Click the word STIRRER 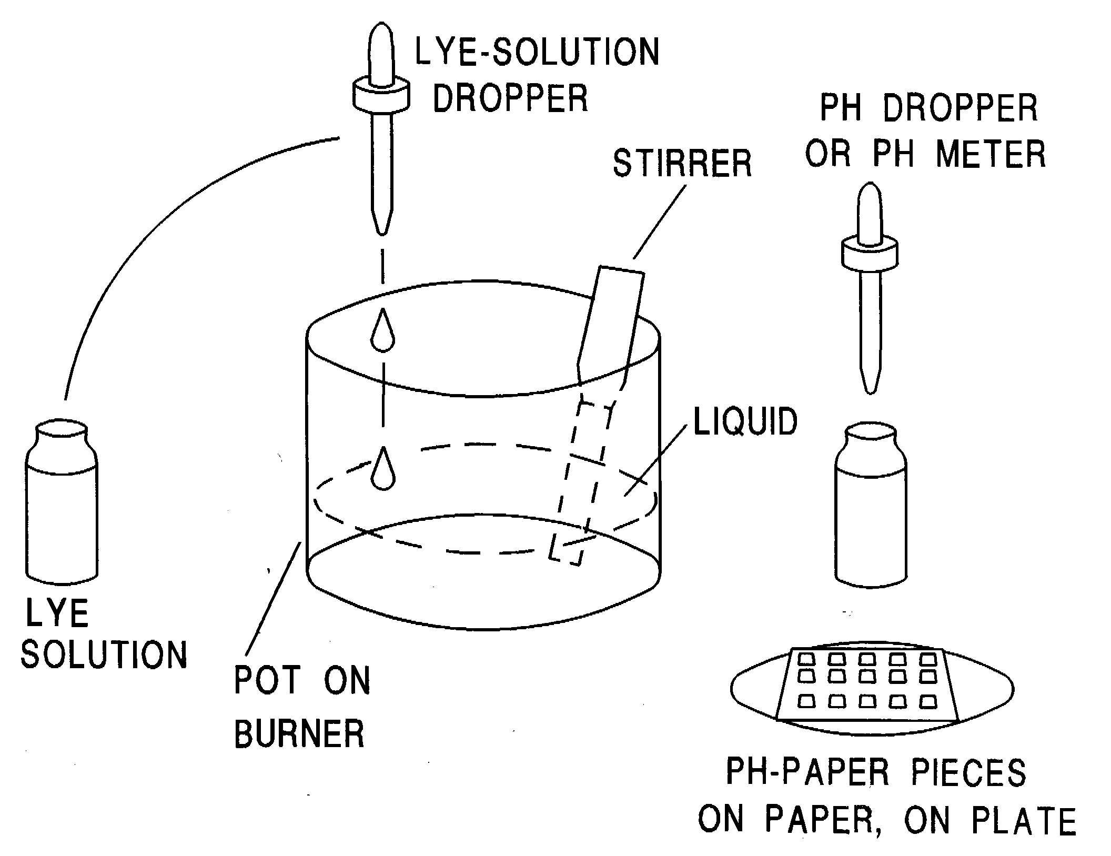pyautogui.click(x=682, y=164)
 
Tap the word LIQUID pyautogui.click(x=745, y=421)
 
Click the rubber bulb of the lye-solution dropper pyautogui.click(x=381, y=53)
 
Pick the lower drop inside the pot pyautogui.click(x=383, y=470)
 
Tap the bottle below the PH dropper pyautogui.click(x=871, y=505)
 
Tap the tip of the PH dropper pyautogui.click(x=870, y=388)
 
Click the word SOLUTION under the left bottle pyautogui.click(x=104, y=654)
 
